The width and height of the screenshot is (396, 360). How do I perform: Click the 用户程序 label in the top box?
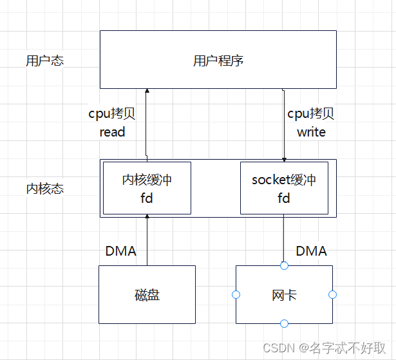click(218, 61)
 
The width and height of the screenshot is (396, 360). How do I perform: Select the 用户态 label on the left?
click(45, 62)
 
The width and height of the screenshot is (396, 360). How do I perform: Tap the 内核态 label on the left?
click(45, 189)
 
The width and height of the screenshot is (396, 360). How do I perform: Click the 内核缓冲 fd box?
click(147, 188)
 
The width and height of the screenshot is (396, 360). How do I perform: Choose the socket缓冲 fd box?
click(284, 188)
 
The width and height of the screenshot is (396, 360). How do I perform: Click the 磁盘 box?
click(147, 295)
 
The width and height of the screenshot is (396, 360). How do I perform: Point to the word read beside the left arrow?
click(112, 132)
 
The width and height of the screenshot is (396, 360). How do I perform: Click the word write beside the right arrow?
click(311, 132)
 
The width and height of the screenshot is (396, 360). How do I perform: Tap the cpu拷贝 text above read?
click(112, 114)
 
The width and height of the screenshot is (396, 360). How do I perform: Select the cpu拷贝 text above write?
click(311, 114)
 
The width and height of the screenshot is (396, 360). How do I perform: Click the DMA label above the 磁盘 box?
click(121, 251)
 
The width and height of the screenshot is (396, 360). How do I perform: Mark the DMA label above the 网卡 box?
click(311, 251)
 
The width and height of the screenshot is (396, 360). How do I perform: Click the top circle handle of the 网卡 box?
click(284, 265)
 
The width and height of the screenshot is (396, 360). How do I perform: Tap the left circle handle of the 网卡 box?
click(236, 295)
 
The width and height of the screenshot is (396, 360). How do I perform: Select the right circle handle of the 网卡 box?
click(332, 295)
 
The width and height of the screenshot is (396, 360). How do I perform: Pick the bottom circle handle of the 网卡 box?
click(284, 323)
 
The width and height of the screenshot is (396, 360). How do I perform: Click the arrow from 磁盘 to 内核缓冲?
click(147, 242)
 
